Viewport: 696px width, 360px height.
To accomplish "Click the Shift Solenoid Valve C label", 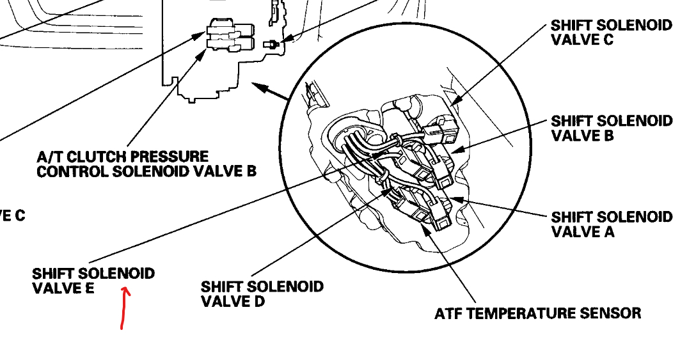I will click(611, 32).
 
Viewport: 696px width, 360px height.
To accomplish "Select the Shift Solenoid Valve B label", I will click(611, 128).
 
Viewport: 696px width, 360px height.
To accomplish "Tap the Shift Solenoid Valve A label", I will click(611, 224).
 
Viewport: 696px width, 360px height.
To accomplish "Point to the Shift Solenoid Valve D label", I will click(262, 293).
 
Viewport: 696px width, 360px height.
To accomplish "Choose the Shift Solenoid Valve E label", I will click(93, 281).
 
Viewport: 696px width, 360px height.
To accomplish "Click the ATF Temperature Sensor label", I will click(537, 313).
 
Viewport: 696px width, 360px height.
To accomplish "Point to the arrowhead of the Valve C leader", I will click(454, 102).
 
